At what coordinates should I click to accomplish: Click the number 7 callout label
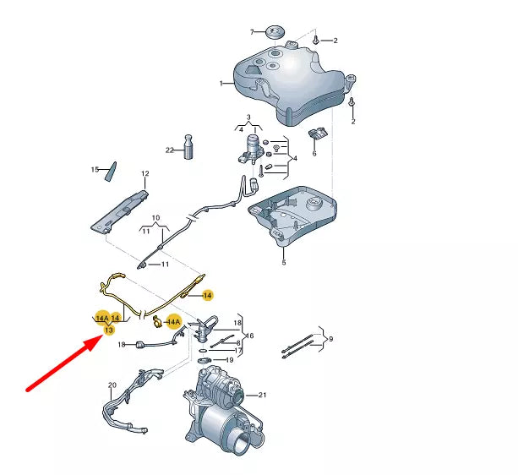click(251, 32)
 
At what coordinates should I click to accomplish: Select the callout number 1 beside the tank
click(221, 84)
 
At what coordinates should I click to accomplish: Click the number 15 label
click(95, 170)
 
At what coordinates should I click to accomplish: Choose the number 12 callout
click(144, 174)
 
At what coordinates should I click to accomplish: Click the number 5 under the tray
click(283, 263)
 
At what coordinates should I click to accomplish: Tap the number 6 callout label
click(314, 154)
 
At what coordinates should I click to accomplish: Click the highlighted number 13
click(108, 330)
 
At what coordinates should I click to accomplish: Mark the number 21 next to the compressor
click(262, 396)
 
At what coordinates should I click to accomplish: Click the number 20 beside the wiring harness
click(112, 385)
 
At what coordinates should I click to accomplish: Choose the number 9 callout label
click(331, 339)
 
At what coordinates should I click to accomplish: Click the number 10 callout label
click(155, 218)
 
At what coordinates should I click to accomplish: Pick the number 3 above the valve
click(248, 117)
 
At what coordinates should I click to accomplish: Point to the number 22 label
click(169, 150)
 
